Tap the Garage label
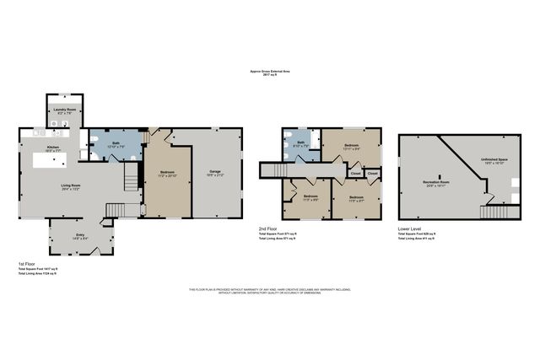pos(216,172)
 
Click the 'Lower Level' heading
pos(409,228)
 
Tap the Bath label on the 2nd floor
pos(300,143)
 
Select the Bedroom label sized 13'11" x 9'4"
pos(352,147)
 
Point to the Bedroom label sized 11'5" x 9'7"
pos(356,199)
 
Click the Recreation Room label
pos(436,181)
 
